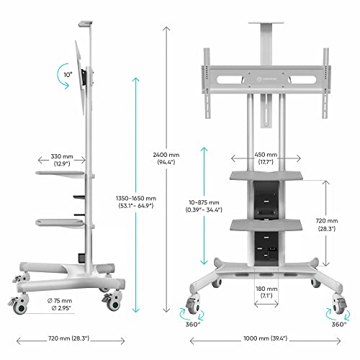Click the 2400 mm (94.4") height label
tap(167, 158)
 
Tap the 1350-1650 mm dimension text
tap(135, 199)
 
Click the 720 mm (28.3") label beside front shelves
tap(326, 225)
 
